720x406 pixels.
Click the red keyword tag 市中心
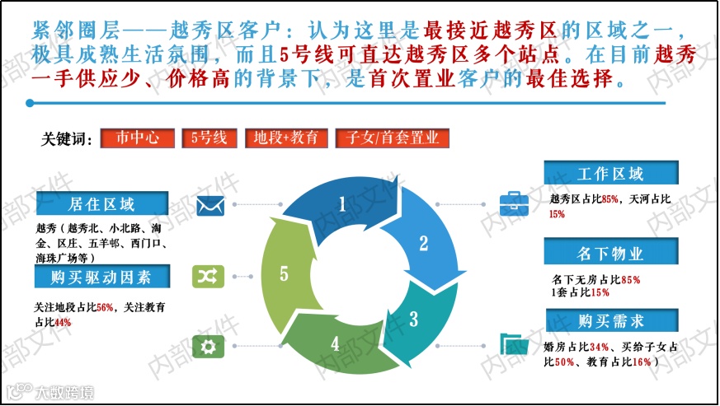pyautogui.click(x=137, y=138)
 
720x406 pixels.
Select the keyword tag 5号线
pyautogui.click(x=209, y=138)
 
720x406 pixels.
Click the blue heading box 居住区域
pyautogui.click(x=101, y=203)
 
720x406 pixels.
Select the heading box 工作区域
pyautogui.click(x=610, y=174)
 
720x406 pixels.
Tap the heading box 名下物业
pyautogui.click(x=610, y=251)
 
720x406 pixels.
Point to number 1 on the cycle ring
pyautogui.click(x=341, y=203)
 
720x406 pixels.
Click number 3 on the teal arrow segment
pyautogui.click(x=414, y=317)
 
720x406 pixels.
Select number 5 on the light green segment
pyautogui.click(x=284, y=273)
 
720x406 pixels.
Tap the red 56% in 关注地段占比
pyautogui.click(x=106, y=307)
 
